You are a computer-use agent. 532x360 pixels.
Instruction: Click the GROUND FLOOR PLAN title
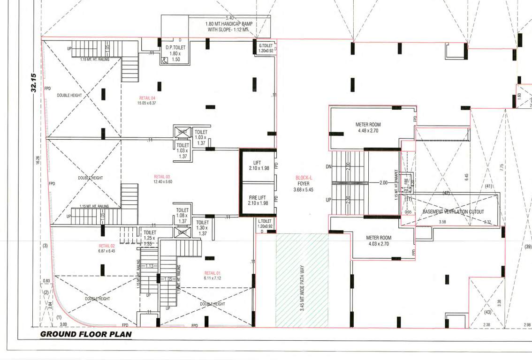click(86, 334)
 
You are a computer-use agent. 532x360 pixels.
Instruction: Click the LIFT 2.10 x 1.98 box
click(258, 165)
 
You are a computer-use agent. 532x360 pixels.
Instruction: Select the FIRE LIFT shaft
click(258, 200)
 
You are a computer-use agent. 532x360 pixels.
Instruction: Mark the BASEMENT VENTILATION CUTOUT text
click(453, 212)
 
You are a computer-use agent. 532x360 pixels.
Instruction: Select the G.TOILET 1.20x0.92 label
click(266, 48)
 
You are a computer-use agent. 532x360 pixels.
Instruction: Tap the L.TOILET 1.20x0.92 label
click(265, 224)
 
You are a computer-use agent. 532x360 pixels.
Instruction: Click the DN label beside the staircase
click(328, 166)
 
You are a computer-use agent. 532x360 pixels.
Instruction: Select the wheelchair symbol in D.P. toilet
click(164, 60)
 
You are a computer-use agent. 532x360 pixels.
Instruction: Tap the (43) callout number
click(487, 312)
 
